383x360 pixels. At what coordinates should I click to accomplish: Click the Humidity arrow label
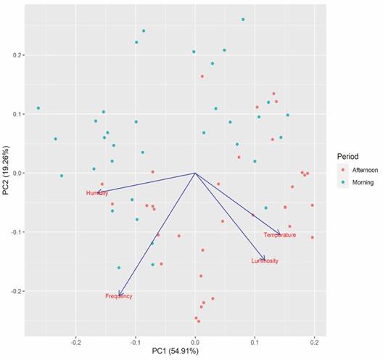(x=96, y=193)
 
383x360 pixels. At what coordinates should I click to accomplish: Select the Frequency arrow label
(x=119, y=296)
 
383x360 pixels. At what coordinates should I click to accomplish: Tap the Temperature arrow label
(x=279, y=235)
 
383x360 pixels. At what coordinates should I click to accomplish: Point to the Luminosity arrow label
(x=264, y=261)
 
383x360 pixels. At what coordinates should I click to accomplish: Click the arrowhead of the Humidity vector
(x=97, y=192)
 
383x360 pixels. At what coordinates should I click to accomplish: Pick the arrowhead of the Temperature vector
(x=279, y=233)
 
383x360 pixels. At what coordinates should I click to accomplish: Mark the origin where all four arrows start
(x=195, y=173)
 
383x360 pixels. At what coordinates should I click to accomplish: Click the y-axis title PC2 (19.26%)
(x=7, y=173)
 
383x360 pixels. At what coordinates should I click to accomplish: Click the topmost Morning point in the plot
(x=243, y=20)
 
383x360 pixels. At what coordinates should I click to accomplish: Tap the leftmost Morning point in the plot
(x=38, y=108)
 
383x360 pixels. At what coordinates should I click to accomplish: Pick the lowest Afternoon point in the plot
(x=199, y=321)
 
